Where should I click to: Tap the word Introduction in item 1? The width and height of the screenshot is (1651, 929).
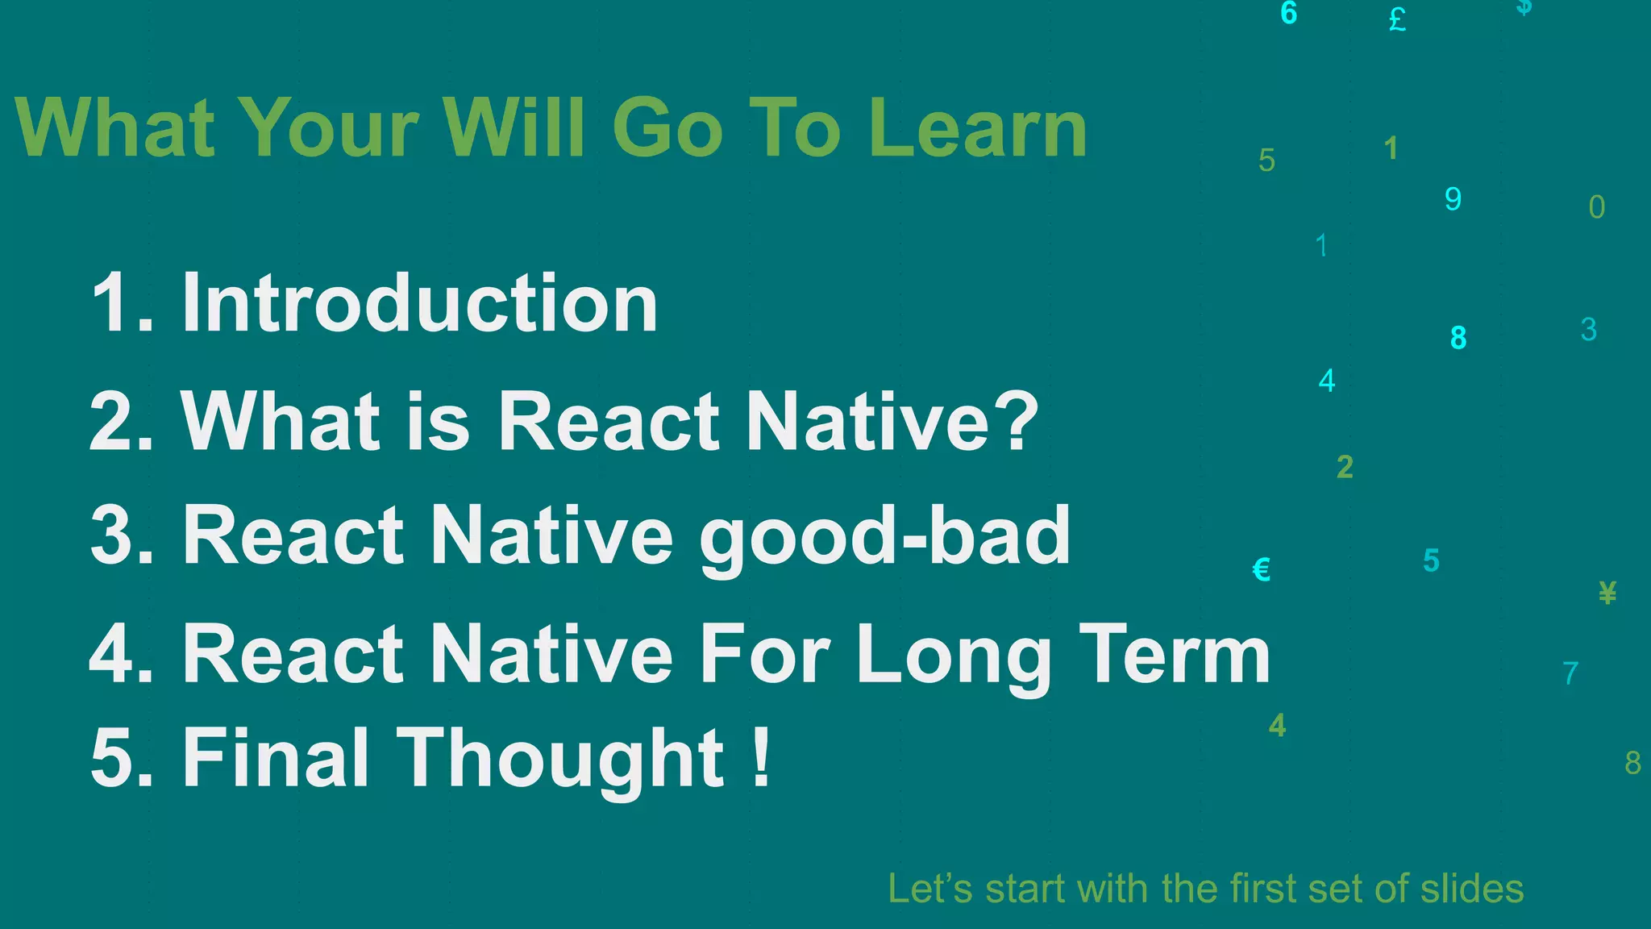[x=419, y=303]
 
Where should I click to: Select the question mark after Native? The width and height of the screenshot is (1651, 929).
[x=1014, y=420]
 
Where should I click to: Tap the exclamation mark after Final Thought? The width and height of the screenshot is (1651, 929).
[x=760, y=756]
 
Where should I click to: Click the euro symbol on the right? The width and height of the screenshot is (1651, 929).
[x=1262, y=569]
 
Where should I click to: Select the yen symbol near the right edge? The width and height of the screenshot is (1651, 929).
[x=1607, y=593]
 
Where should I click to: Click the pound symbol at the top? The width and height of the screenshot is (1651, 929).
[x=1397, y=19]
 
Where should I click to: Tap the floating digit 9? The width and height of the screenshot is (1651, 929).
[x=1453, y=199]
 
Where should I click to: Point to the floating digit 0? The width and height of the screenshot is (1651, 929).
[x=1596, y=207]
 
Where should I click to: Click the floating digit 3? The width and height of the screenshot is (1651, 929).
[x=1588, y=330]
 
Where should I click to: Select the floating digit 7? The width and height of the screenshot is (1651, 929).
[x=1570, y=673]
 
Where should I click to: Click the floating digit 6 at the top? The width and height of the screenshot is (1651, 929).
[x=1288, y=14]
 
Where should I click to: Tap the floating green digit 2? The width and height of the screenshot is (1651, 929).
[x=1345, y=467]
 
